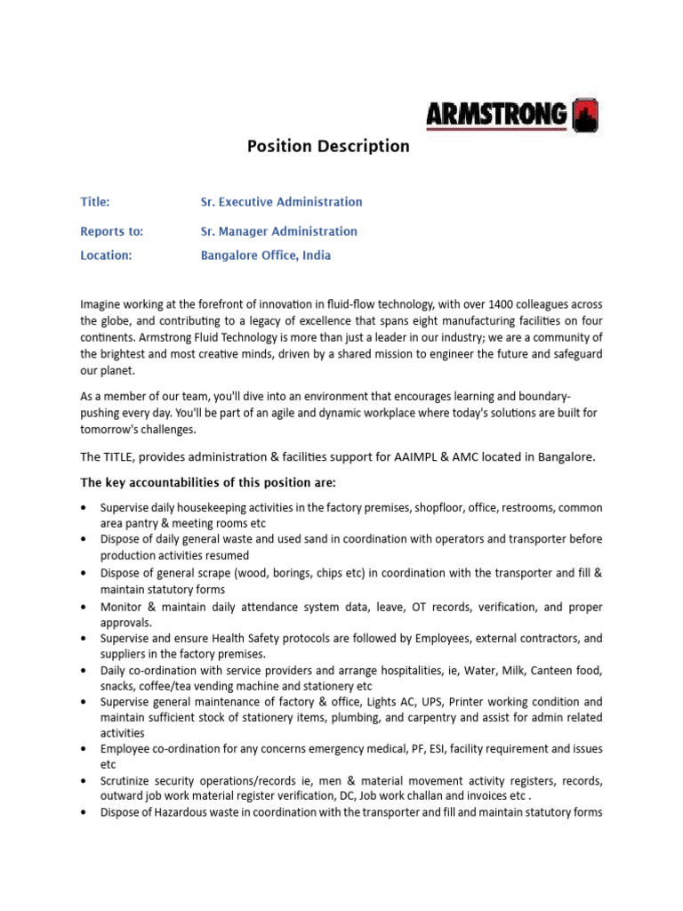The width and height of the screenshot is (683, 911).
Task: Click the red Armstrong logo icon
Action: pos(584,115)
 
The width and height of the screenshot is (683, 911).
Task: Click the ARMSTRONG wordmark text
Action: pos(496,115)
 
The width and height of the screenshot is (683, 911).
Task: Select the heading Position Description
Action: pos(328,147)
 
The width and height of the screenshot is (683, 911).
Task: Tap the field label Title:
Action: pos(95,203)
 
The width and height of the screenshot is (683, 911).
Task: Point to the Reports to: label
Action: pos(111,231)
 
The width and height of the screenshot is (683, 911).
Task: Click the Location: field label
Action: pos(106,255)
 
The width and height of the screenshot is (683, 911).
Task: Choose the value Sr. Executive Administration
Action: pos(281,203)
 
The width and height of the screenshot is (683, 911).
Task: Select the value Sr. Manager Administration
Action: pos(278,231)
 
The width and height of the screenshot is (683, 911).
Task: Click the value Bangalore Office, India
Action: pos(266,255)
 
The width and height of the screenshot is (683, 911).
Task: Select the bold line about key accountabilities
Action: pos(209,483)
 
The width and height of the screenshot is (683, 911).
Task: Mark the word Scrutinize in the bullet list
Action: pos(131,781)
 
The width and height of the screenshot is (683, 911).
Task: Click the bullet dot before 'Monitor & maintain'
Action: pos(84,608)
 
